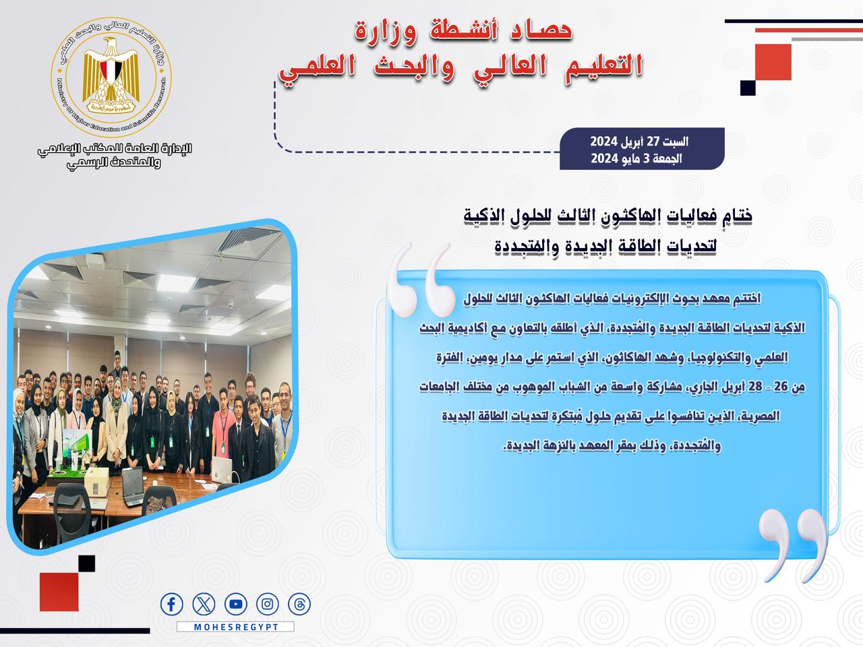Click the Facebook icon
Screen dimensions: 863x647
click(171, 604)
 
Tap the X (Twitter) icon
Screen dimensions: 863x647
click(204, 604)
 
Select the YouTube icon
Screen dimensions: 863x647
click(236, 604)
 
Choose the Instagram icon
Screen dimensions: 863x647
click(268, 604)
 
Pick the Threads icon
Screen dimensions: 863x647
click(299, 604)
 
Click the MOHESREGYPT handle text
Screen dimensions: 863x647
click(236, 627)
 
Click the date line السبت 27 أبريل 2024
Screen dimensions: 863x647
click(639, 142)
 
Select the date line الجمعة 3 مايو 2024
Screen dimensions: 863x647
click(636, 158)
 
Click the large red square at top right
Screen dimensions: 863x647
click(773, 62)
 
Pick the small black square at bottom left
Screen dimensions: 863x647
click(86, 563)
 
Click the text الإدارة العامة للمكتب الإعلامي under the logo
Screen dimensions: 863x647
click(115, 148)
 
